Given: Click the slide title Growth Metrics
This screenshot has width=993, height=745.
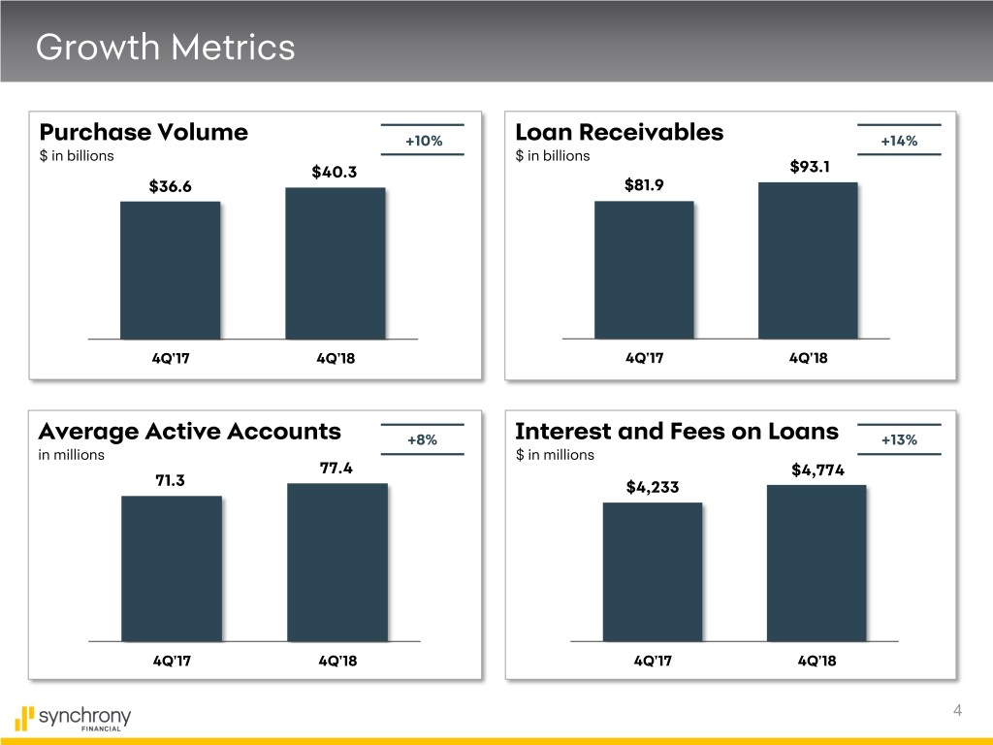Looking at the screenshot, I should [x=165, y=47].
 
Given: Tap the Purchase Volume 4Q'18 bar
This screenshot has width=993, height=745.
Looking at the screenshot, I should [x=336, y=263].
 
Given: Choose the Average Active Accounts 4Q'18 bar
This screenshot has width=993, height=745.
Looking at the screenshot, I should [x=337, y=562].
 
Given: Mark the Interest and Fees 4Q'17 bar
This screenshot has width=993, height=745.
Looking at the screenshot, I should [x=652, y=571].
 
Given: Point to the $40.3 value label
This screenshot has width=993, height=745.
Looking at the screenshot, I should [x=335, y=173].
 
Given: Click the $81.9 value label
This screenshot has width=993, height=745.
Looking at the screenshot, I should [x=645, y=185].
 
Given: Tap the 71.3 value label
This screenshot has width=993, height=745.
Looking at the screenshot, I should [x=170, y=480].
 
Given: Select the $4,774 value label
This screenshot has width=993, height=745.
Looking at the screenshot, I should [x=817, y=470].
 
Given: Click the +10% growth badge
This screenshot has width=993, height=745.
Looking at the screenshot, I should [x=424, y=141].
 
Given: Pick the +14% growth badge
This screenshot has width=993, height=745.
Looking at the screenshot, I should [x=899, y=141].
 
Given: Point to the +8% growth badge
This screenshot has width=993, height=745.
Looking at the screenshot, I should [x=423, y=439].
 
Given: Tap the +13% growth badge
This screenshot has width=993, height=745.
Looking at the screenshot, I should [x=899, y=439].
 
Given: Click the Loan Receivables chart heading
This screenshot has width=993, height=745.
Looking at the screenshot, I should [x=620, y=132].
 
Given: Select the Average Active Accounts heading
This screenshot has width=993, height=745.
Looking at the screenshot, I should [x=189, y=431].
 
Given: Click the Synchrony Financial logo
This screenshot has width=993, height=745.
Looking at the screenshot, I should [x=74, y=719].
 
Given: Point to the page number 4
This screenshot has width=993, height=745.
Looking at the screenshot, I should [x=957, y=712].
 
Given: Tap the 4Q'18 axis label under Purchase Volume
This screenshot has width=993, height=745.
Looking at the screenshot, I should [x=336, y=358].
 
